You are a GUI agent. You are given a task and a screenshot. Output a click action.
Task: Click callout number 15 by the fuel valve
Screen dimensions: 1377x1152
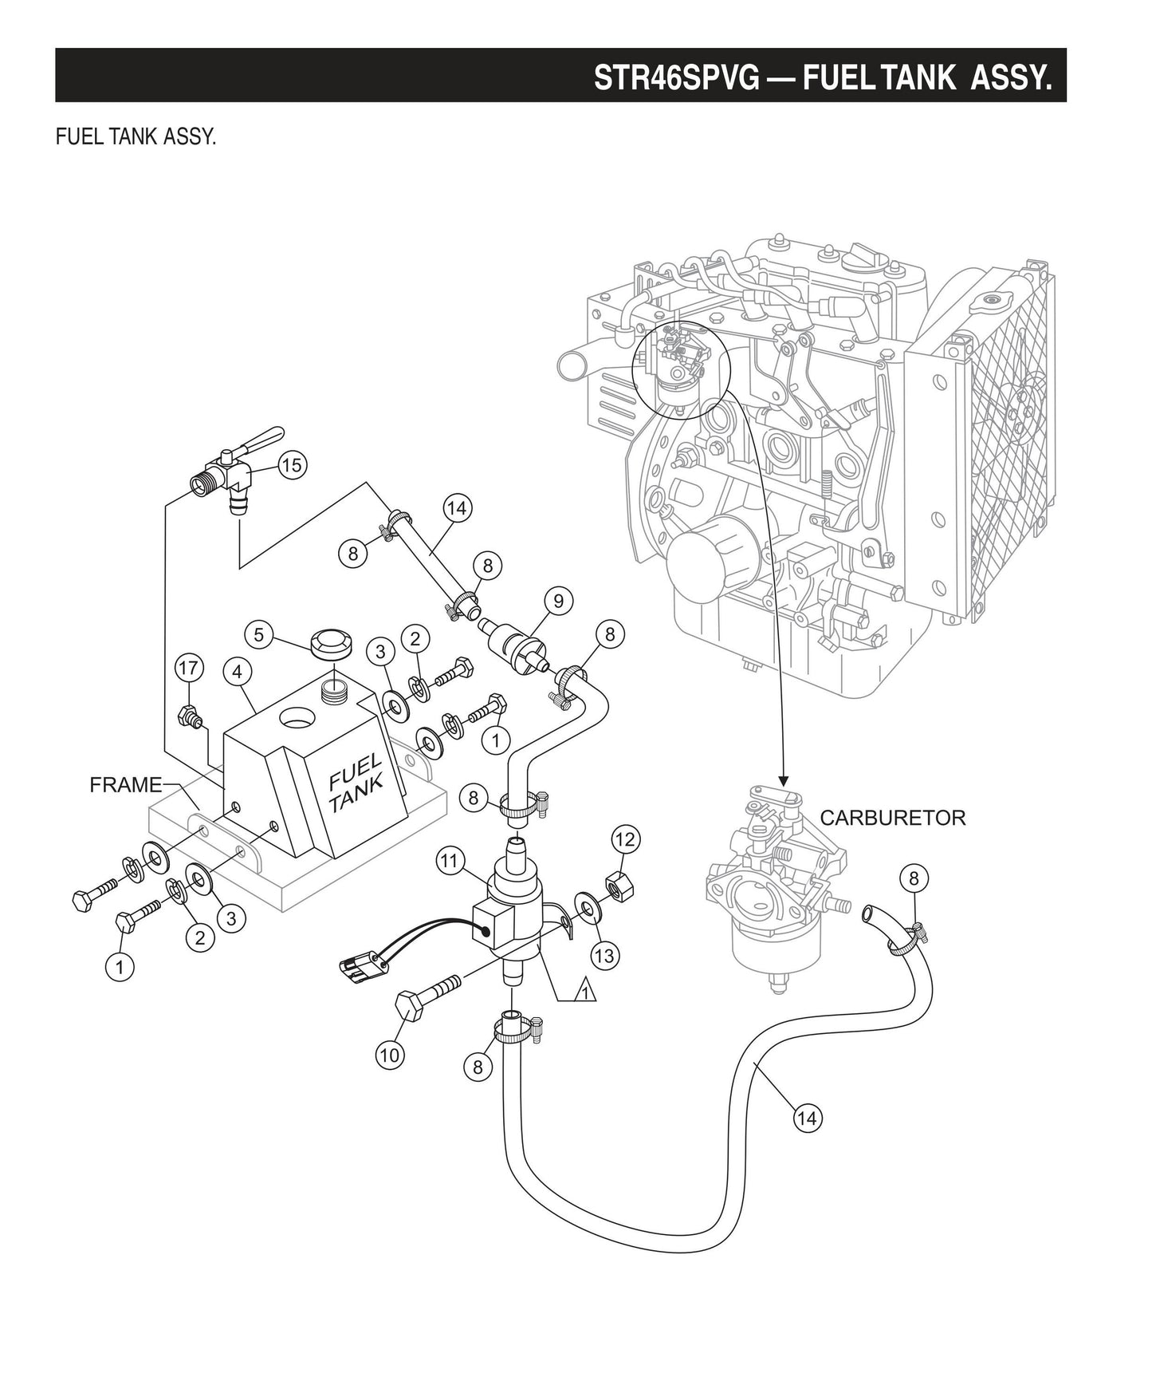pyautogui.click(x=292, y=465)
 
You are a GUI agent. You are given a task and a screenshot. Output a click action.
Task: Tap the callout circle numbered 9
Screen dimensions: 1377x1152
pyautogui.click(x=558, y=601)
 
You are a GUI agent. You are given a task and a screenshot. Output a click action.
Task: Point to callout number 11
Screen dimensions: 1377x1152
pyautogui.click(x=450, y=860)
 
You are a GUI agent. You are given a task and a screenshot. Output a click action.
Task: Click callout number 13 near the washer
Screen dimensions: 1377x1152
pyautogui.click(x=605, y=954)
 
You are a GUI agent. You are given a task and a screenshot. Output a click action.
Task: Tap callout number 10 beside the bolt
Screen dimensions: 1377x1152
pyautogui.click(x=390, y=1055)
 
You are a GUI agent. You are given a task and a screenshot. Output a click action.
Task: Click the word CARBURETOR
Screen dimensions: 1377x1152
pyautogui.click(x=892, y=818)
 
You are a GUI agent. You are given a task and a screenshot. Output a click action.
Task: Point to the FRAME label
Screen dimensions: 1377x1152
pyautogui.click(x=125, y=785)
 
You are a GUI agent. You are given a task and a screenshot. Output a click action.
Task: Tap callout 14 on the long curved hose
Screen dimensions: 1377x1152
pyautogui.click(x=807, y=1118)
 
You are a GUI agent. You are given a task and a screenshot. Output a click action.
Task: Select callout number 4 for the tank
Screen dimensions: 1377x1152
pyautogui.click(x=238, y=673)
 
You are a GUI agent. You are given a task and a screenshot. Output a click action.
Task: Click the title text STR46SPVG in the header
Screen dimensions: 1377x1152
pyautogui.click(x=676, y=77)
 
